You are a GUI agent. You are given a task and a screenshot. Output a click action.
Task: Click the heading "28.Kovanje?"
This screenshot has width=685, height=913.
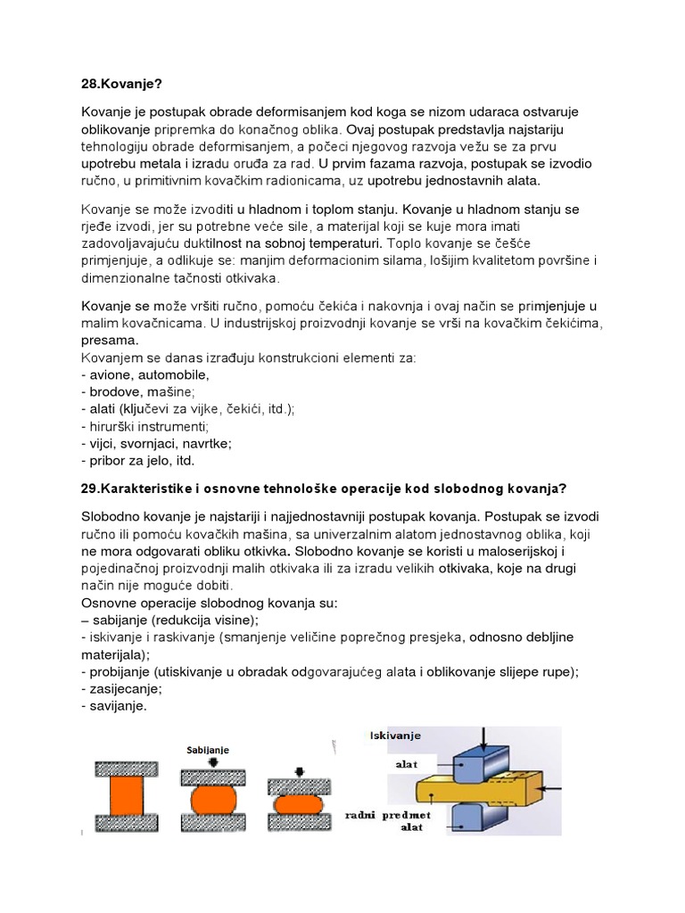click(x=123, y=83)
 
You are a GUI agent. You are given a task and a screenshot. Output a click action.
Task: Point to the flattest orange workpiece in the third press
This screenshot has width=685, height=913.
click(x=299, y=803)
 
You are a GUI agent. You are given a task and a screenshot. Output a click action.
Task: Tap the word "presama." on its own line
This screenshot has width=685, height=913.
click(x=110, y=341)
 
